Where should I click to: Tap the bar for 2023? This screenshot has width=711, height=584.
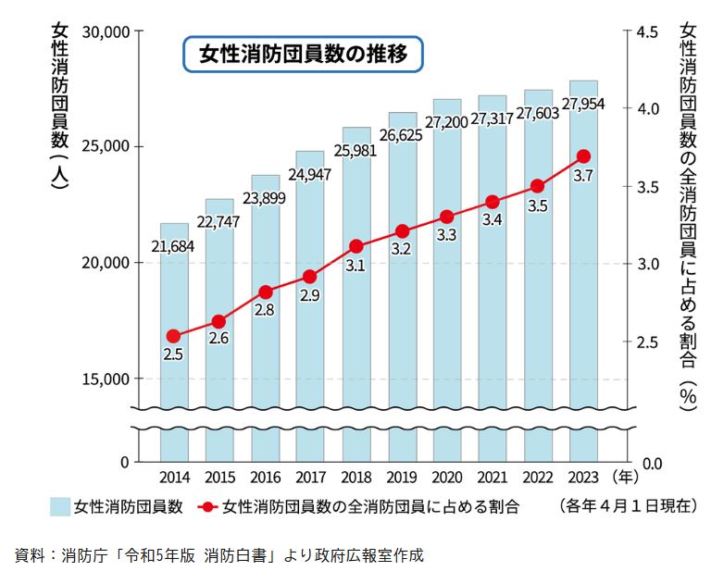click(583, 278)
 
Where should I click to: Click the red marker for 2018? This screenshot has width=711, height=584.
click(355, 246)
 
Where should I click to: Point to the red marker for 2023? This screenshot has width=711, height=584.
click(583, 156)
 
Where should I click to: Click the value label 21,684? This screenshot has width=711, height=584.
click(173, 246)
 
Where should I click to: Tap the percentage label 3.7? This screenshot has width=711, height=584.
click(583, 176)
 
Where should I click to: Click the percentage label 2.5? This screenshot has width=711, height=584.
click(173, 354)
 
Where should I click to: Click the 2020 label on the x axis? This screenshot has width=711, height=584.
click(446, 478)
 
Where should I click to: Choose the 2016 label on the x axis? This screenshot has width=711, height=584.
click(265, 478)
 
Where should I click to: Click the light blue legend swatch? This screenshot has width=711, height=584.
click(60, 506)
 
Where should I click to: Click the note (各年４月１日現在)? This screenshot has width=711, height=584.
click(626, 506)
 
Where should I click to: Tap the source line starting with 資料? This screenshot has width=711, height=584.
click(218, 556)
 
